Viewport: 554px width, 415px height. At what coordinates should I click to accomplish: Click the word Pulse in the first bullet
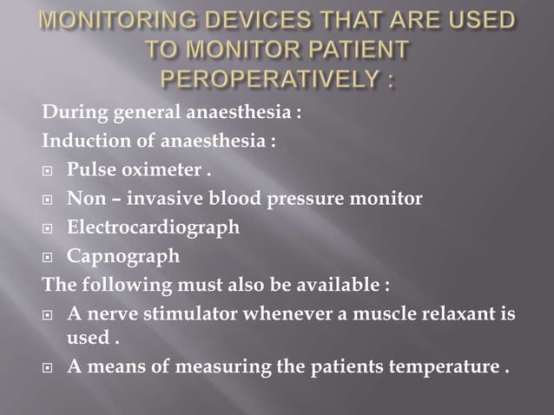[94, 169]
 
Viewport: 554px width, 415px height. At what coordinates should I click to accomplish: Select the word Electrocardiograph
[153, 227]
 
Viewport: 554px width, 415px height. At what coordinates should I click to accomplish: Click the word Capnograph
[124, 256]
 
